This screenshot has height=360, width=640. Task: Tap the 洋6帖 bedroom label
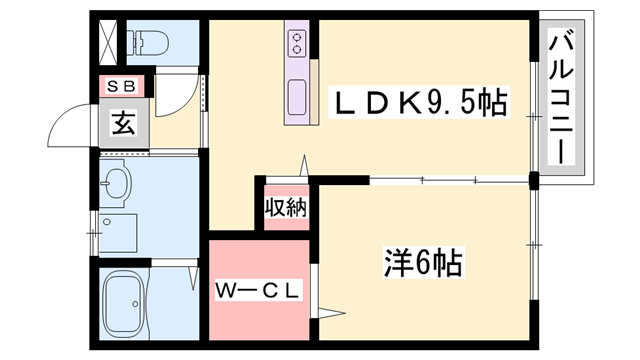pos(422,263)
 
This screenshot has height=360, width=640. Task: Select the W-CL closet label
pos(259,291)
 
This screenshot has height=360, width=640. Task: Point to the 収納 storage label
pos(285,208)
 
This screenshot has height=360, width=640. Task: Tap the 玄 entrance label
pos(123,124)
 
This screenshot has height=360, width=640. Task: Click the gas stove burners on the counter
pos(297,43)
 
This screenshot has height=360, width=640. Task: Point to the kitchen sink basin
pos(297,98)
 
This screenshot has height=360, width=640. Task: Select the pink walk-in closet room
pos(259,310)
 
